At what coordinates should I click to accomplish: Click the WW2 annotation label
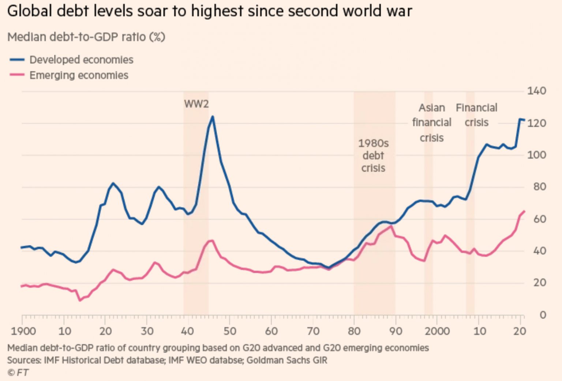tap(196, 104)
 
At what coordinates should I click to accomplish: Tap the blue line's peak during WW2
tap(213, 117)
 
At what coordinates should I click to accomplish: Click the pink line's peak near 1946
tap(212, 241)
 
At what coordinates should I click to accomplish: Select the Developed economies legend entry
tap(81, 60)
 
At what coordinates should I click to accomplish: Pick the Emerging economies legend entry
tap(79, 75)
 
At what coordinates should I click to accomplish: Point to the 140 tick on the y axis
tap(536, 91)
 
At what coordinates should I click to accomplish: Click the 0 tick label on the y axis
tap(543, 315)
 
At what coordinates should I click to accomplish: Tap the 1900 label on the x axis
tap(23, 331)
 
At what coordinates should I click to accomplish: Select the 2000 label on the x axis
tap(437, 331)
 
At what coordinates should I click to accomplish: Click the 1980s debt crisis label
tap(373, 155)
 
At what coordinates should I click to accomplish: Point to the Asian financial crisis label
tap(432, 122)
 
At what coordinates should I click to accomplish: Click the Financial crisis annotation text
tap(476, 115)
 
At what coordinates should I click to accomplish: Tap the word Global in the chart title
tap(30, 11)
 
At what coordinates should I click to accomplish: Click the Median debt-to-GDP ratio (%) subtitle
tap(86, 37)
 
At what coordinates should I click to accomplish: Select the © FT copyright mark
tap(18, 372)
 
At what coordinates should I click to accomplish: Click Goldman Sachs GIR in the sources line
tap(287, 360)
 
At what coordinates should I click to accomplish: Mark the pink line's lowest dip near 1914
tap(80, 300)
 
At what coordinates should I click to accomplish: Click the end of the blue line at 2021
tap(524, 120)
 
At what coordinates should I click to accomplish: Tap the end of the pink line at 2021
tap(524, 211)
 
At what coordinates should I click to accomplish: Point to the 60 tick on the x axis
tap(271, 331)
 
